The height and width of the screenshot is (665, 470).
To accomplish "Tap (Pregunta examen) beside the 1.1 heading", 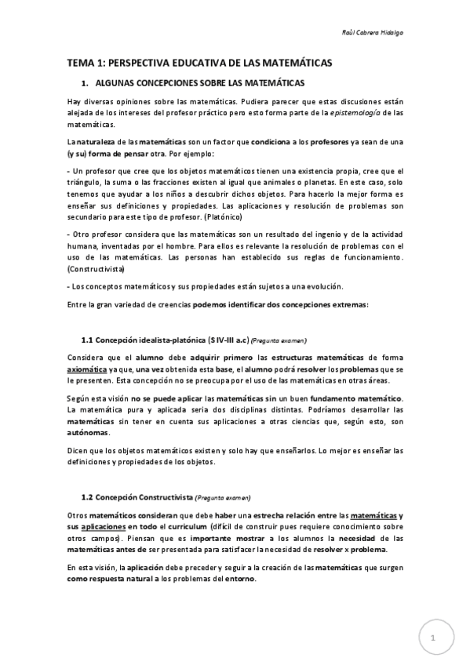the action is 279,341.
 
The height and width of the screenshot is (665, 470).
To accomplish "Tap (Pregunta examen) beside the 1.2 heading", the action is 224,498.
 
